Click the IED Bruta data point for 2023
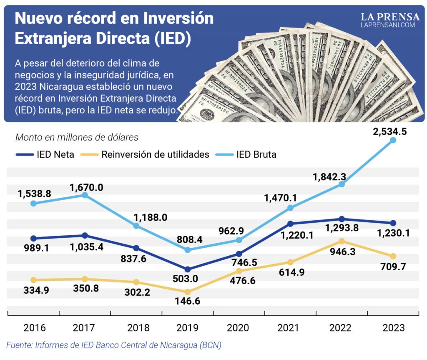coord(393,141)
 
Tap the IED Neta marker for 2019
coord(188,269)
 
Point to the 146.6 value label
coord(188,301)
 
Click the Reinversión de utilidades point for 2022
coord(342,241)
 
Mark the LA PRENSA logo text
coord(390,17)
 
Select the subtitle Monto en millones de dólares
coord(77,137)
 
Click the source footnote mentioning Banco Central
coord(113,345)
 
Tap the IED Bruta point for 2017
coord(85,195)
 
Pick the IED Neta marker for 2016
coord(33,238)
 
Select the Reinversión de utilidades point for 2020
coord(239,272)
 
